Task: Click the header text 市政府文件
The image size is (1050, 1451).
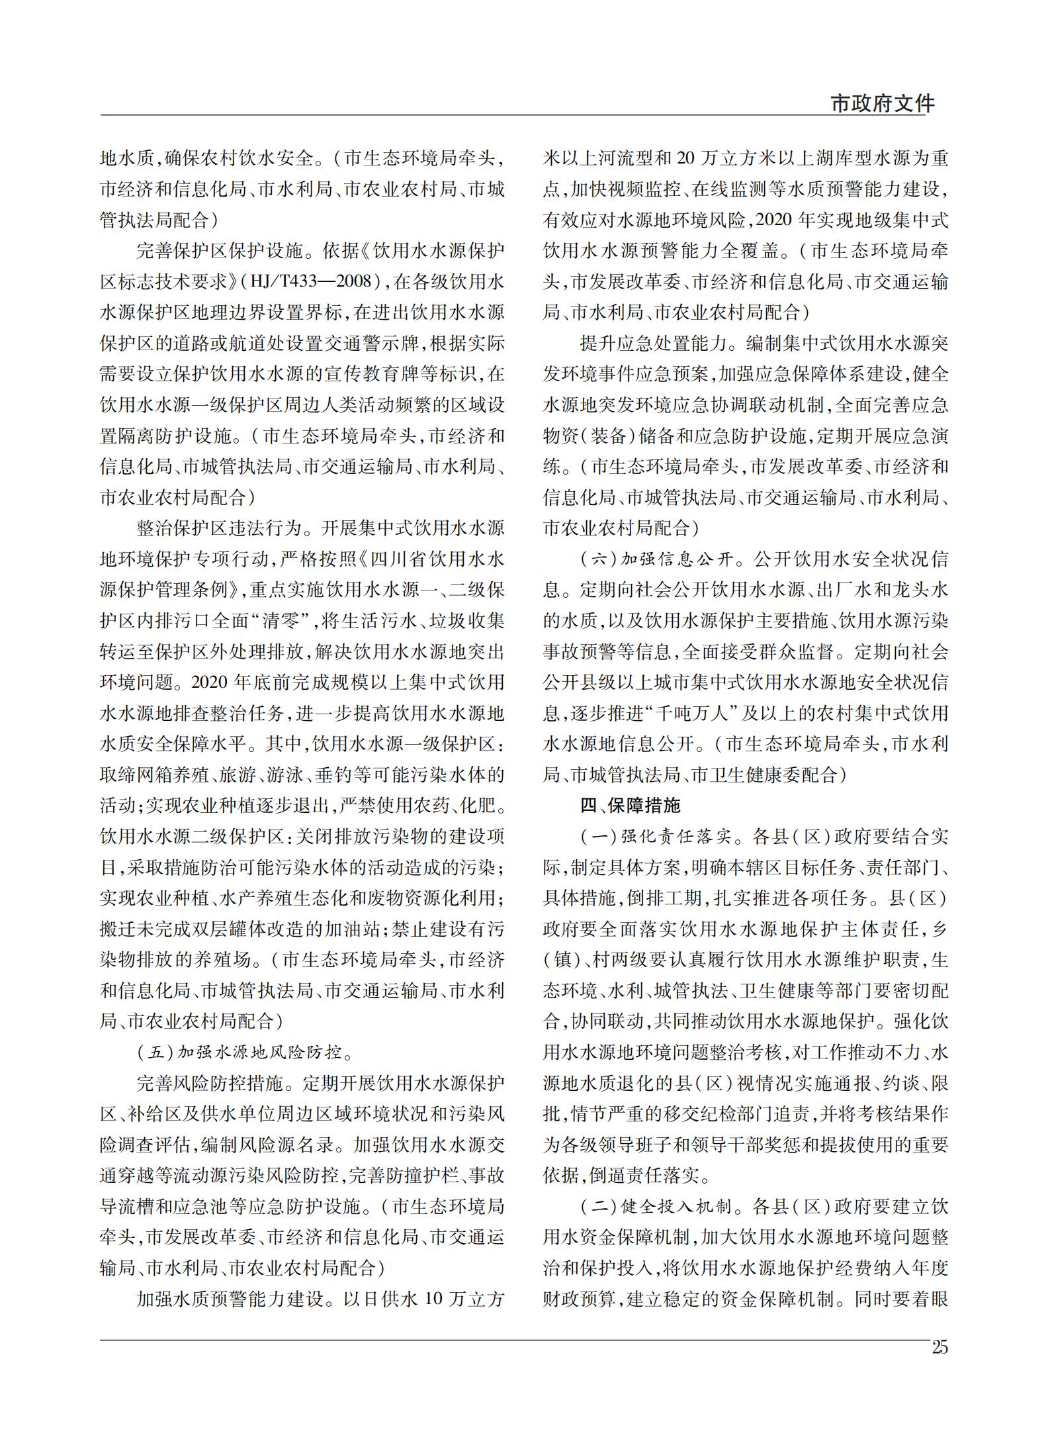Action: pyautogui.click(x=882, y=104)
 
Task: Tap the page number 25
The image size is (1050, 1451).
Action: pyautogui.click(x=939, y=1347)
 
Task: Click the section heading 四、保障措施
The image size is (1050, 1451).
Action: pyautogui.click(x=630, y=805)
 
